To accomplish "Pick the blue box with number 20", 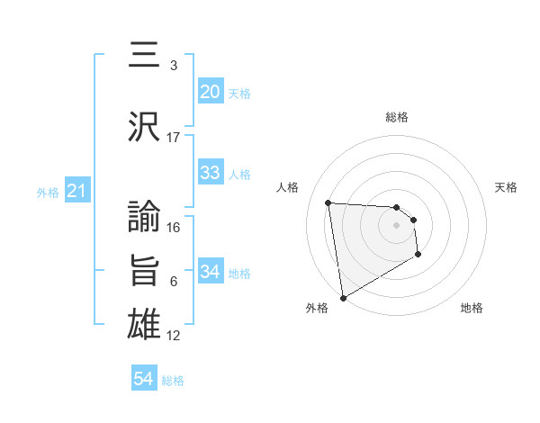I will tap(210, 92).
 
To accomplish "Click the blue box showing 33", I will tap(210, 173).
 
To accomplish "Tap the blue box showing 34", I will tap(210, 272).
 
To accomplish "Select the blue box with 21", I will tap(76, 191).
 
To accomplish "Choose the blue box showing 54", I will tap(143, 380).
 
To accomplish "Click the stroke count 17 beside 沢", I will tap(174, 138).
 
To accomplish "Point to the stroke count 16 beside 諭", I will tap(174, 228).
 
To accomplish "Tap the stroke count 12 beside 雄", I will tap(174, 336).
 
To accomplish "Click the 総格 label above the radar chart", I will tap(397, 117).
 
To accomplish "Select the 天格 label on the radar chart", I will tap(507, 187).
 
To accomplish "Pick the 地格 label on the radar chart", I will tap(472, 308).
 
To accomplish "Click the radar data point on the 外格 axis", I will tap(342, 297).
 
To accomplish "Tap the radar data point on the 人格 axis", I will tap(328, 202).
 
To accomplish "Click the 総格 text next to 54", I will tap(173, 381).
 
